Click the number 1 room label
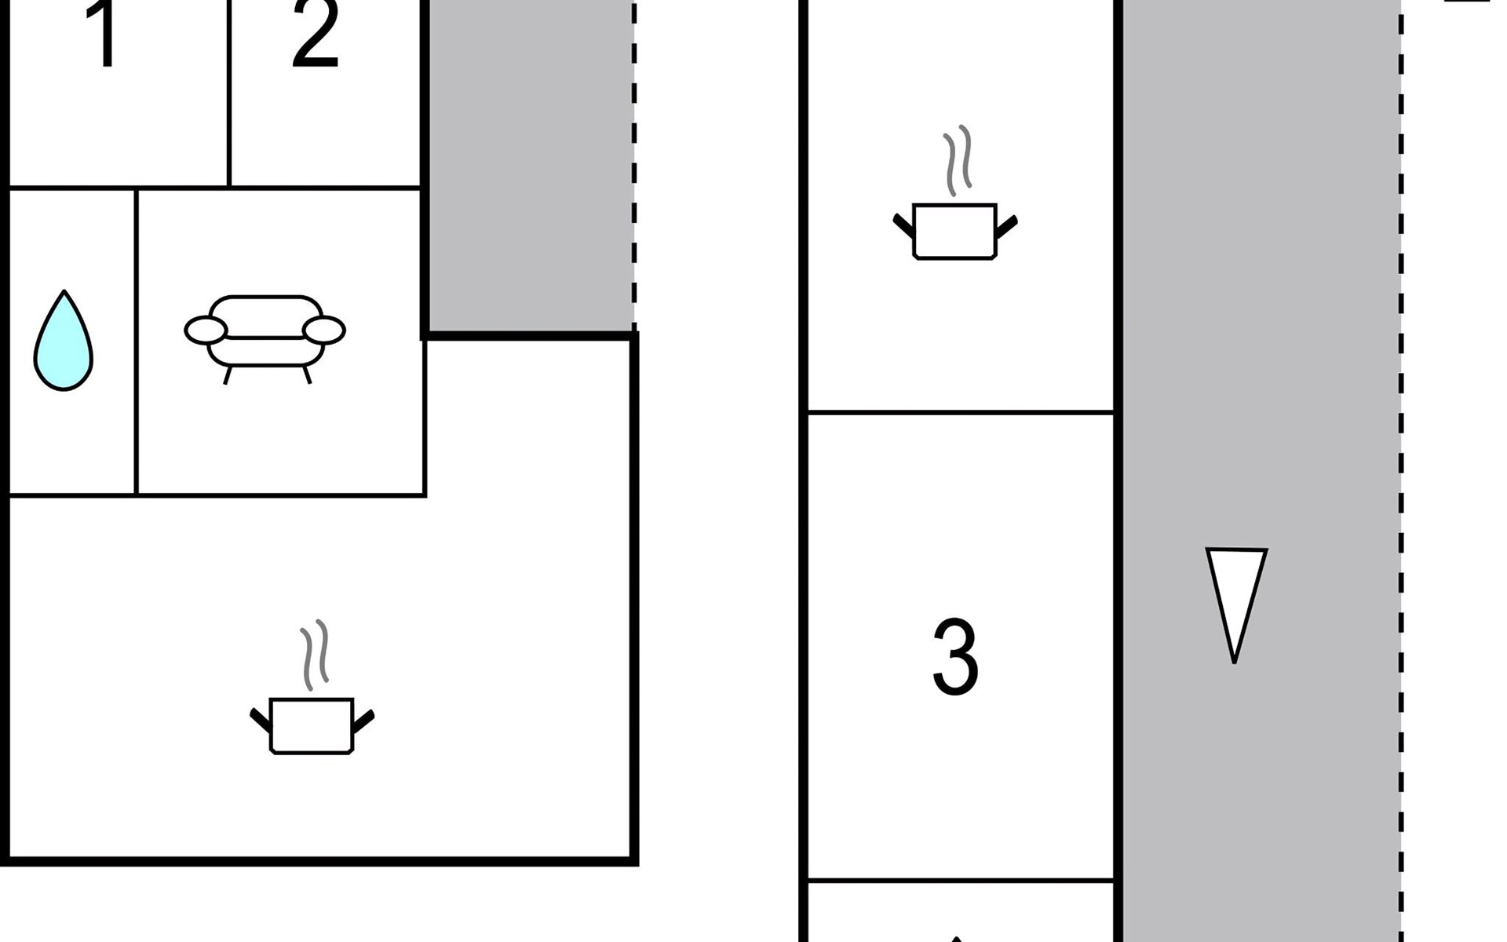(x=104, y=35)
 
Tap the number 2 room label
(x=316, y=35)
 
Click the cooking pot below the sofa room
(x=312, y=725)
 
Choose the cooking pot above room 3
(x=954, y=231)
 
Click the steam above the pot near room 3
(x=958, y=157)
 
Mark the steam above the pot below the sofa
(x=315, y=654)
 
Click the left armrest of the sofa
(x=206, y=330)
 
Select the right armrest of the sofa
(x=324, y=330)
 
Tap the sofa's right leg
(x=308, y=374)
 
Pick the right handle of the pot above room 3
(x=1006, y=225)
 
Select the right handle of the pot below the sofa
(x=363, y=720)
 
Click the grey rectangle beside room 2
(x=530, y=165)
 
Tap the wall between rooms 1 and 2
(x=229, y=94)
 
